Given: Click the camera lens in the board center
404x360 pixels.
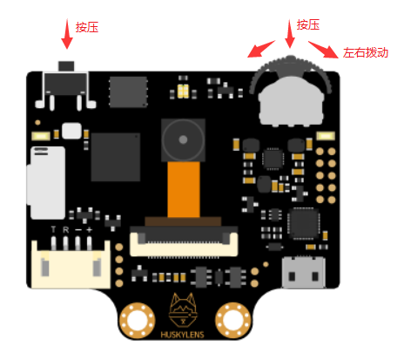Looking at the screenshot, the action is click(183, 139).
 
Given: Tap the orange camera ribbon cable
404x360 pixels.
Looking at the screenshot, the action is click(184, 189).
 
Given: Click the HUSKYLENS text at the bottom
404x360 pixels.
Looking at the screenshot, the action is click(182, 335).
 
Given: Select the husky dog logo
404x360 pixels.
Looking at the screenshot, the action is click(183, 310).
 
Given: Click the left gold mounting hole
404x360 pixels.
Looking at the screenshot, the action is click(137, 321).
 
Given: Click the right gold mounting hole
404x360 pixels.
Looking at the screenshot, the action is click(232, 321).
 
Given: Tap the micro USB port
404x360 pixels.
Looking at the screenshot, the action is click(303, 272).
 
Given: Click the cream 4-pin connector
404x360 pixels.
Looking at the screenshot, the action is click(71, 263).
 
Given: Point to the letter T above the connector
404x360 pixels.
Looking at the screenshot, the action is click(53, 230).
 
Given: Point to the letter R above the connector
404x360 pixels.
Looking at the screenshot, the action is click(66, 230).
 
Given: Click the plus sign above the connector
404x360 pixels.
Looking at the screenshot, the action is click(90, 230).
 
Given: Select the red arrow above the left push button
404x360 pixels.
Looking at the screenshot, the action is click(67, 34).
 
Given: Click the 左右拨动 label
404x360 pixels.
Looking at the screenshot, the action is click(366, 53).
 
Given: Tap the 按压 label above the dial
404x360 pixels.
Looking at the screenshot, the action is click(308, 25).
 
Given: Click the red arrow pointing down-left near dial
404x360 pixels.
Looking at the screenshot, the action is click(261, 49).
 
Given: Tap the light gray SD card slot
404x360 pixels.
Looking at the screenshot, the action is click(46, 183).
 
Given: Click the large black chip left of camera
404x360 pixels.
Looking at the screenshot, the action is click(116, 157).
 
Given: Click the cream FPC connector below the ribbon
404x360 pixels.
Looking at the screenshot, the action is click(184, 241).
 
